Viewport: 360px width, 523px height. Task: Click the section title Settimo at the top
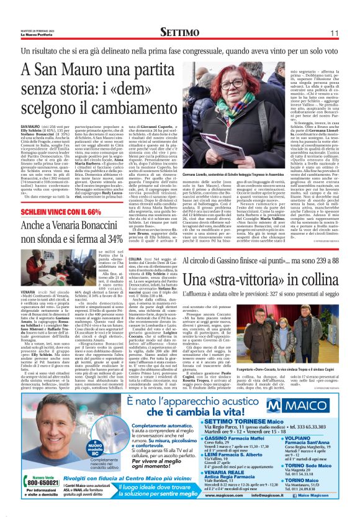click(x=179, y=32)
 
